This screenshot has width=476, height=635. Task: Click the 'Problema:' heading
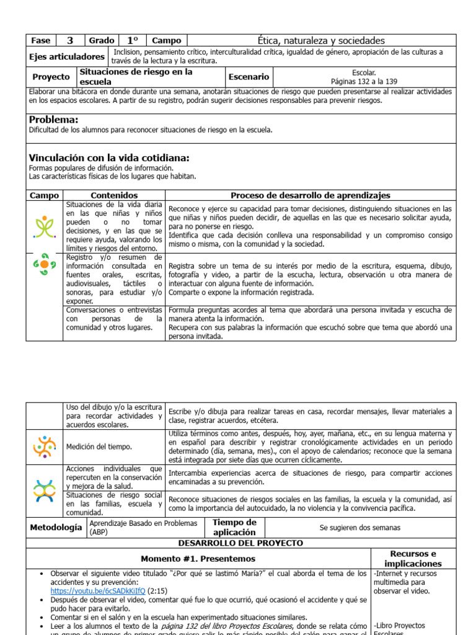pos(54,120)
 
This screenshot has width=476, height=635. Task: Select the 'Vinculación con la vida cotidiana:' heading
pos(109,158)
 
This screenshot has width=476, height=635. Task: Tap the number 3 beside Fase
pos(70,40)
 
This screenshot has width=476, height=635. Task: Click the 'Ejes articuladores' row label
pos(67,56)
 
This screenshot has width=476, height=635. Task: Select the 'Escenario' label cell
pos(249,77)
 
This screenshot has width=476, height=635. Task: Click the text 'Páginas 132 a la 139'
pos(364,81)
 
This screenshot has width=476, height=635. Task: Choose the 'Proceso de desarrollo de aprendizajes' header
pos(311,195)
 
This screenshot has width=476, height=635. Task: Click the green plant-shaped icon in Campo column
pos(45,227)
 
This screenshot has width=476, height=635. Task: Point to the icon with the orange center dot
pos(45,265)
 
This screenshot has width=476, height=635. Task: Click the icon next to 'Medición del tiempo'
pos(45,446)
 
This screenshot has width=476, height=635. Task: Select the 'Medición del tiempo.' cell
pos(99,446)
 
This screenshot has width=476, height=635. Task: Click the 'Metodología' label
pos(56,527)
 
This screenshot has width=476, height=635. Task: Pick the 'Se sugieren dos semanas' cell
pos(359,528)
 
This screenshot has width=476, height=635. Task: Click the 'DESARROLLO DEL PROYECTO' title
pos(240,543)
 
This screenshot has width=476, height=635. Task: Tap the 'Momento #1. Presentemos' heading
pos(198,559)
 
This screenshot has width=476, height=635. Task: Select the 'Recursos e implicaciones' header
pos(412,558)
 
